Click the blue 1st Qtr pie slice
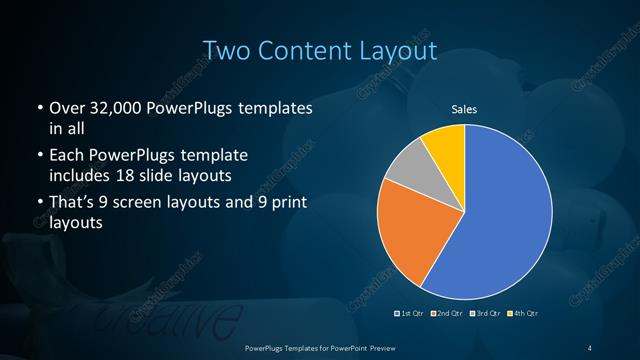tap(500, 220)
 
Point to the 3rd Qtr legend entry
tap(482, 314)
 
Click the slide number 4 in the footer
tap(590, 347)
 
